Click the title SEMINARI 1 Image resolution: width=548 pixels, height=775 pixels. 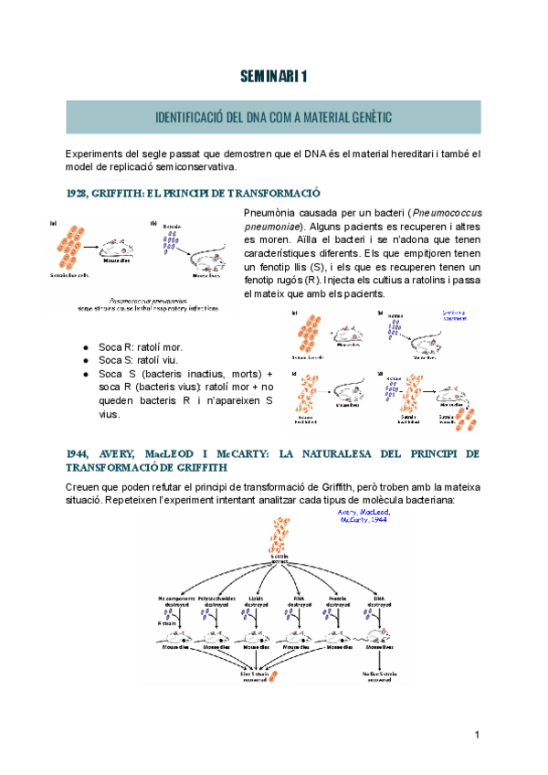tap(274, 77)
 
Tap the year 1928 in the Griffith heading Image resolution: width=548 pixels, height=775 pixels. tap(78, 193)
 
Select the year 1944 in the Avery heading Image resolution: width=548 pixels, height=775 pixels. tap(78, 453)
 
